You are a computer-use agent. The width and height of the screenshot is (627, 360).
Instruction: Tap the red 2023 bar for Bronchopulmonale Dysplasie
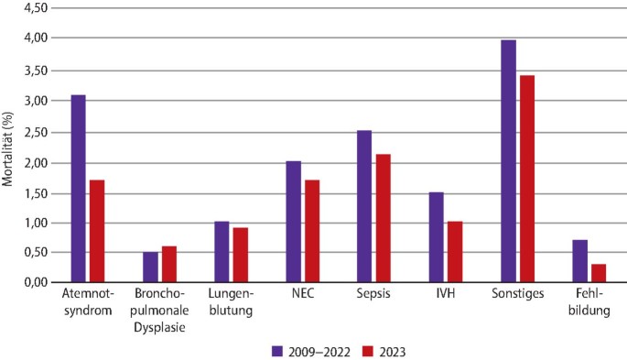pos(168,265)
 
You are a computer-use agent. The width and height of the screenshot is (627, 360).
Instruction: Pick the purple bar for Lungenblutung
pos(221,252)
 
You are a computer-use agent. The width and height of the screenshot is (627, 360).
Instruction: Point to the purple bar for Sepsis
pos(364,206)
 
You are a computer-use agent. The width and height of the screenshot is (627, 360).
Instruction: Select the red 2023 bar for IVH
pos(455,252)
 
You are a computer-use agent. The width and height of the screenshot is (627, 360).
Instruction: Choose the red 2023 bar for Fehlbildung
pos(598,273)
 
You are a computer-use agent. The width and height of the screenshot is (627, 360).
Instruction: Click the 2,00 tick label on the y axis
pos(35,163)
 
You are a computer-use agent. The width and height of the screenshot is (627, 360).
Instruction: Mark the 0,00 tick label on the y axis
pos(35,283)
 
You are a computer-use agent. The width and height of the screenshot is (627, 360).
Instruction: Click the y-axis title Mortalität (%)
pos(8,146)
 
